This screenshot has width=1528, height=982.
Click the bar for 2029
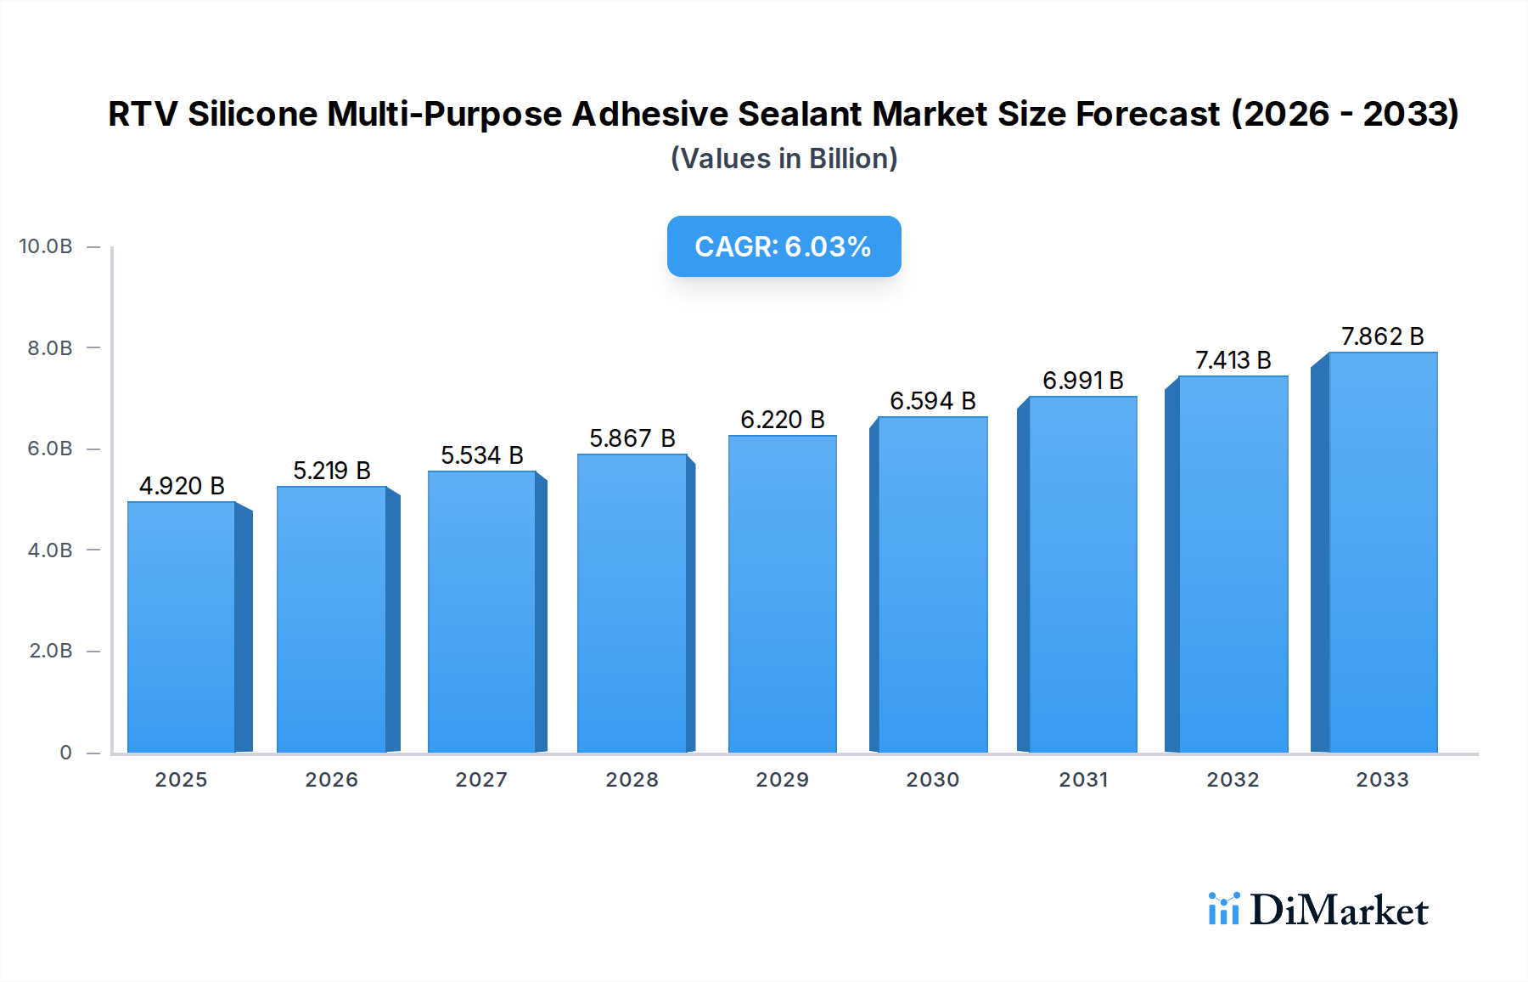(x=782, y=595)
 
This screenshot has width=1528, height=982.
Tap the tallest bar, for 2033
(x=1383, y=552)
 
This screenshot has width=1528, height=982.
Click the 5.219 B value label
(x=332, y=471)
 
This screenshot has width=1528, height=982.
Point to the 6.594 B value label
(x=932, y=401)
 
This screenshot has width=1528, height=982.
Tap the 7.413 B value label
(x=1233, y=360)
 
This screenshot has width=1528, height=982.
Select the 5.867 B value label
(x=632, y=438)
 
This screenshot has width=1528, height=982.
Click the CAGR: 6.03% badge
(x=784, y=246)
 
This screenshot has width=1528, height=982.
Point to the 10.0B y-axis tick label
(x=46, y=246)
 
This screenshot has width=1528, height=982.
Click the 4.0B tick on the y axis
(x=50, y=550)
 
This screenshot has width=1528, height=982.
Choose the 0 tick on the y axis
(x=65, y=753)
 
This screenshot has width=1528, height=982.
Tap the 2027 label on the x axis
(x=481, y=780)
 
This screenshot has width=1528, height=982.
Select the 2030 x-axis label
(x=932, y=780)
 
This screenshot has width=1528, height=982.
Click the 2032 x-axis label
(x=1233, y=780)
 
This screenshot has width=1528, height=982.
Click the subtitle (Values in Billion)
(x=784, y=159)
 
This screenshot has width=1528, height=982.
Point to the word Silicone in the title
(x=252, y=114)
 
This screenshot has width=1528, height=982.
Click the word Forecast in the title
(x=1148, y=114)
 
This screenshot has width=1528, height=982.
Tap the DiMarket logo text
(x=1339, y=911)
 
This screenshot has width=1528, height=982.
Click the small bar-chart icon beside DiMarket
(x=1223, y=909)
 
